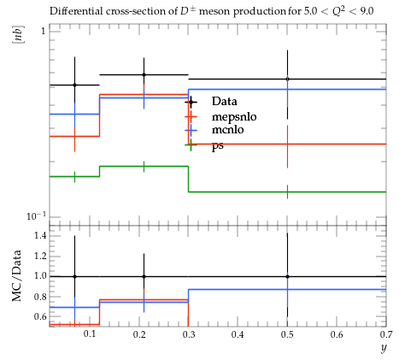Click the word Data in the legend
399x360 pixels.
click(x=224, y=102)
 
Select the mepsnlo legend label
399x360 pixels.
click(x=234, y=117)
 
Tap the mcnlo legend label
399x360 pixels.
click(x=228, y=130)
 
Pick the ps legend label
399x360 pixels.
click(x=218, y=146)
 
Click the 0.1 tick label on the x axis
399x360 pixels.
click(x=90, y=333)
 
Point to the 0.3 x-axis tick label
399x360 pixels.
click(x=189, y=333)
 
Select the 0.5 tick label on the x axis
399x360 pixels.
click(x=287, y=333)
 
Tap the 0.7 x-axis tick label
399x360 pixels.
click(x=386, y=333)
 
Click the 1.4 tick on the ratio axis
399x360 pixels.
click(x=40, y=235)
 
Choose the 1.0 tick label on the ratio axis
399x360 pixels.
click(x=40, y=276)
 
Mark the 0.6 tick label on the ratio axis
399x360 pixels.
click(x=40, y=316)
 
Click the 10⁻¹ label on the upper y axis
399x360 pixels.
click(x=36, y=216)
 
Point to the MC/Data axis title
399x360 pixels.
click(x=17, y=275)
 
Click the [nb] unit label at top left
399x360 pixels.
click(x=18, y=35)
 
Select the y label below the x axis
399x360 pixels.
click(x=384, y=348)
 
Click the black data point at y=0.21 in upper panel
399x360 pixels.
click(x=144, y=75)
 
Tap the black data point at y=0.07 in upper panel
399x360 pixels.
click(x=74, y=85)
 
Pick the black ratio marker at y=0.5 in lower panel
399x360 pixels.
click(x=287, y=276)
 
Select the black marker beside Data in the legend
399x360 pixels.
click(x=191, y=102)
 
